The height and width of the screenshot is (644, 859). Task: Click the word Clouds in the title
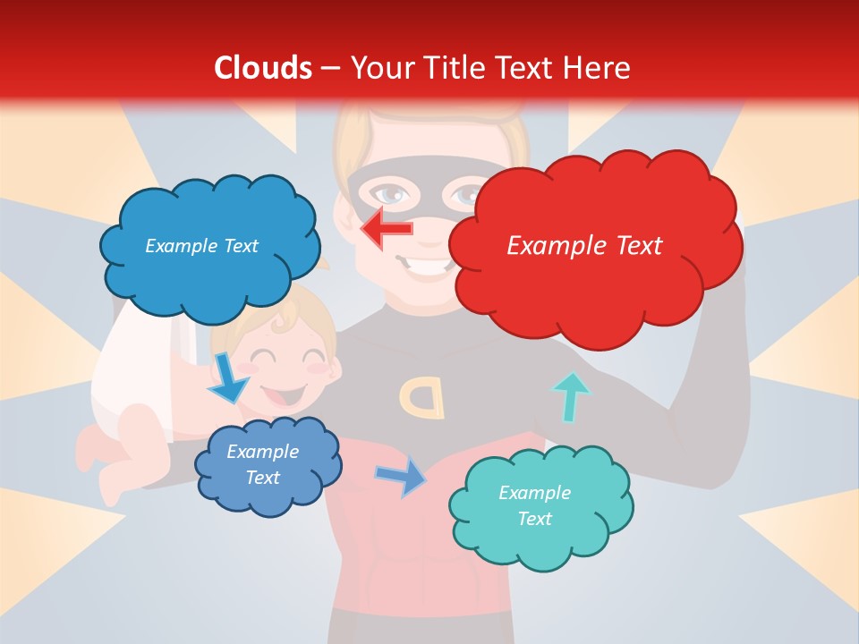tap(263, 68)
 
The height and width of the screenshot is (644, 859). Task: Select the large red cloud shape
tap(591, 268)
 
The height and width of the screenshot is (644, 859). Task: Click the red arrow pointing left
tap(387, 229)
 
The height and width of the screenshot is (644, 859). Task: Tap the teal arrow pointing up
tap(570, 397)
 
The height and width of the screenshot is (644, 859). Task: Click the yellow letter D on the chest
tap(422, 396)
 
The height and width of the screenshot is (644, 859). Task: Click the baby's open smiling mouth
tap(285, 394)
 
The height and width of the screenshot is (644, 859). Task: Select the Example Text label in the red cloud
tap(584, 245)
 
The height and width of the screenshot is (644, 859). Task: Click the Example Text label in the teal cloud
tap(534, 505)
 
